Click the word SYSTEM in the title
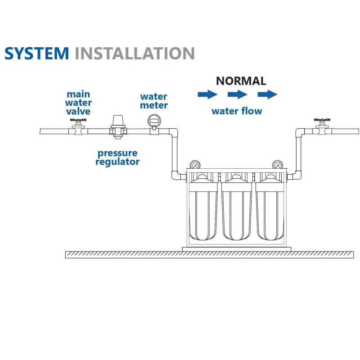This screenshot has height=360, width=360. point(37,53)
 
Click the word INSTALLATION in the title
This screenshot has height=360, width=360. point(135,53)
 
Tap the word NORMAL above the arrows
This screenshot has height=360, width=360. point(241,81)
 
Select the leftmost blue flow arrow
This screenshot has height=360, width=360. point(207,94)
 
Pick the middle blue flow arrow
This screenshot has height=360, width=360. point(238,94)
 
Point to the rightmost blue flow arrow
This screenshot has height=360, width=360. point(267,94)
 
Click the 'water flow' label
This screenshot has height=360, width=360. point(237,111)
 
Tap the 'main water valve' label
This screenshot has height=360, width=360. point(78,103)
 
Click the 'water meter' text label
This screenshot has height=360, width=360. point(154,101)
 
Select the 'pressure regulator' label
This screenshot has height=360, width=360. point(117,157)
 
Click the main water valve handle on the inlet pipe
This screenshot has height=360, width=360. point(78,120)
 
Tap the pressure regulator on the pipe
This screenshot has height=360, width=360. point(118,127)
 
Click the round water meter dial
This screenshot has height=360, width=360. point(154,121)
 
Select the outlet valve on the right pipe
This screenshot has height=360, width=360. point(322,127)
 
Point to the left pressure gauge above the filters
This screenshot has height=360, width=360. point(195,165)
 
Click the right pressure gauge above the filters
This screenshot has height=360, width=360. point(278,165)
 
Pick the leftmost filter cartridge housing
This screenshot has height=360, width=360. point(203,209)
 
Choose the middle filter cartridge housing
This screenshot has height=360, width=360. point(237,209)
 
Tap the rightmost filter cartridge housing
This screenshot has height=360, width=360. point(270,209)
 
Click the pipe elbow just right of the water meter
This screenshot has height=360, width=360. point(174,132)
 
